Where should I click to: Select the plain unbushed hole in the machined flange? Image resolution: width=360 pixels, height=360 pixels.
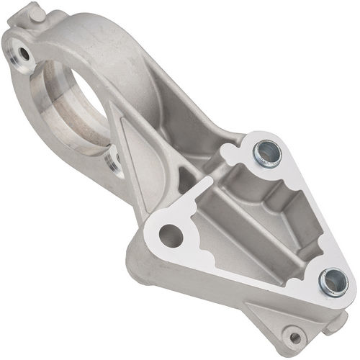pos(171,235)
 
